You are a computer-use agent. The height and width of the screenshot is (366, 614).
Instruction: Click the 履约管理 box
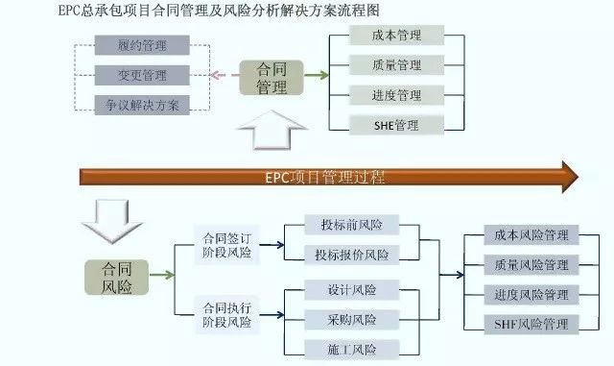142,45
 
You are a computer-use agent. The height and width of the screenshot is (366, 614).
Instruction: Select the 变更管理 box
142,74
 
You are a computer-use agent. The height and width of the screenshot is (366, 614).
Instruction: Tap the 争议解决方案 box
142,104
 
